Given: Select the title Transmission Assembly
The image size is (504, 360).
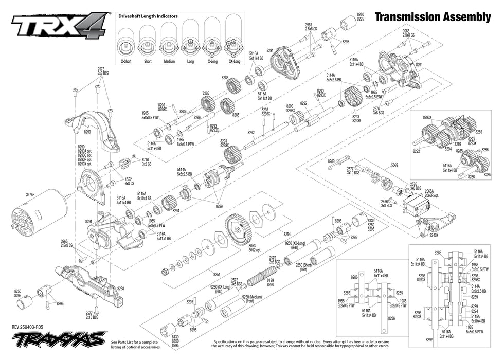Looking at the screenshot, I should click(433, 17).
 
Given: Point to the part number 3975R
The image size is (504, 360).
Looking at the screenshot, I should click(31, 195).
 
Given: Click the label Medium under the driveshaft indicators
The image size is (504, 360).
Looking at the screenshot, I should click(169, 61).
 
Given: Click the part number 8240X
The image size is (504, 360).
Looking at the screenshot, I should click(434, 235).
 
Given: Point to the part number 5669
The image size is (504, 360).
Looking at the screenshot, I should click(394, 165).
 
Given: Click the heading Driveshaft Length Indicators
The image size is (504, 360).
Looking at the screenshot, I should click(148, 16).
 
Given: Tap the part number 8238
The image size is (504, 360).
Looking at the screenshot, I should click(120, 289).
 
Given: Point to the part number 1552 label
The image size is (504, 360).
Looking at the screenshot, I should click(128, 179).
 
